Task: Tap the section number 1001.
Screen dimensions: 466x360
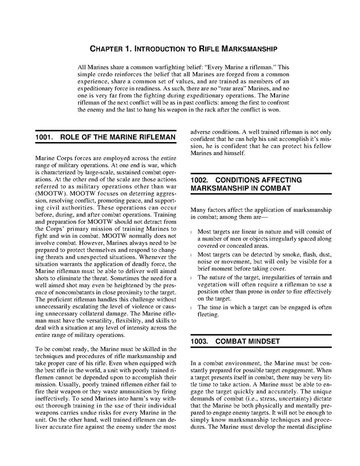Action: pyautogui.click(x=46, y=137)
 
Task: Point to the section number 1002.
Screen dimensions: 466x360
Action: pyautogui.click(x=201, y=179)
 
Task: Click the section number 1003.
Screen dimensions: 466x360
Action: pyautogui.click(x=201, y=342)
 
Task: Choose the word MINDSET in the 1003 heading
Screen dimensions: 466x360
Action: pyautogui.click(x=262, y=342)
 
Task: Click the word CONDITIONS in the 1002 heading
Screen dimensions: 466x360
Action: pyautogui.click(x=241, y=179)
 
